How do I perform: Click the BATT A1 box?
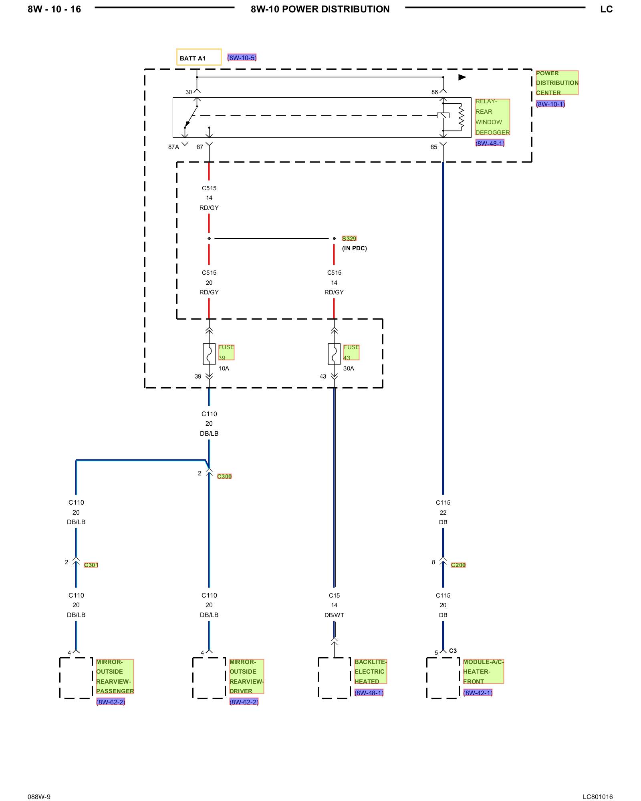(x=199, y=57)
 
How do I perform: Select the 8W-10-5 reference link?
(x=242, y=58)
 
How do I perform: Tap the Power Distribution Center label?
(x=557, y=83)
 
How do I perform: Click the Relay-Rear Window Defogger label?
(x=492, y=117)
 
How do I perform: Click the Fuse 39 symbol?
(x=209, y=354)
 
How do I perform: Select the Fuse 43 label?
(x=351, y=352)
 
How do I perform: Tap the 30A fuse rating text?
(x=349, y=368)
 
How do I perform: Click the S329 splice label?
(x=349, y=238)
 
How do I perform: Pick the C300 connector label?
(x=224, y=476)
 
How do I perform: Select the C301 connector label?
(x=91, y=565)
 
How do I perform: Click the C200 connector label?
(x=458, y=565)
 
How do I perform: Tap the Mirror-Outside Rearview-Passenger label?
(x=115, y=676)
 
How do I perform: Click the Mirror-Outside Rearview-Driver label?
(x=247, y=676)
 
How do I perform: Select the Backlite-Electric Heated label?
(x=371, y=672)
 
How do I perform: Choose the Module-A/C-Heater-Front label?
(x=483, y=672)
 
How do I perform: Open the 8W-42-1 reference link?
(x=478, y=693)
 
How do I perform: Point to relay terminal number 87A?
(x=173, y=147)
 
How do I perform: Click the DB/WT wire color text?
(x=334, y=615)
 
